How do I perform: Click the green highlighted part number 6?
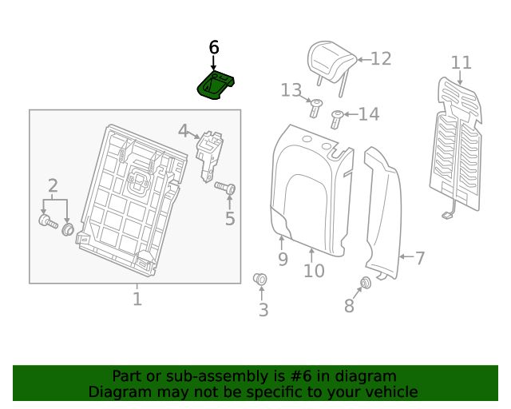[x=215, y=84]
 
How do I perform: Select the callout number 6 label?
[x=213, y=48]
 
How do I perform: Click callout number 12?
[x=381, y=58]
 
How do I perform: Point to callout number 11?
[x=461, y=63]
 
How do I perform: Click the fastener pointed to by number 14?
[x=337, y=119]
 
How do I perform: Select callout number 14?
[x=369, y=115]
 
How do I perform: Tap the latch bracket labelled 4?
[x=211, y=154]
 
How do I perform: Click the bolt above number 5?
[x=225, y=188]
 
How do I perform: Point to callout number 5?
[x=230, y=218]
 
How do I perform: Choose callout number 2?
[x=53, y=187]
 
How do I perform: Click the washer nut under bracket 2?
[x=68, y=230]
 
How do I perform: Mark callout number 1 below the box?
[x=137, y=300]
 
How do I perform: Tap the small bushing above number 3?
[x=260, y=279]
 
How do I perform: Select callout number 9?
[x=283, y=259]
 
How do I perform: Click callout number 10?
[x=314, y=271]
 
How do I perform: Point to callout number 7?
[x=419, y=258]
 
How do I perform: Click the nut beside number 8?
[x=366, y=283]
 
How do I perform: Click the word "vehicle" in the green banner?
[x=389, y=392]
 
